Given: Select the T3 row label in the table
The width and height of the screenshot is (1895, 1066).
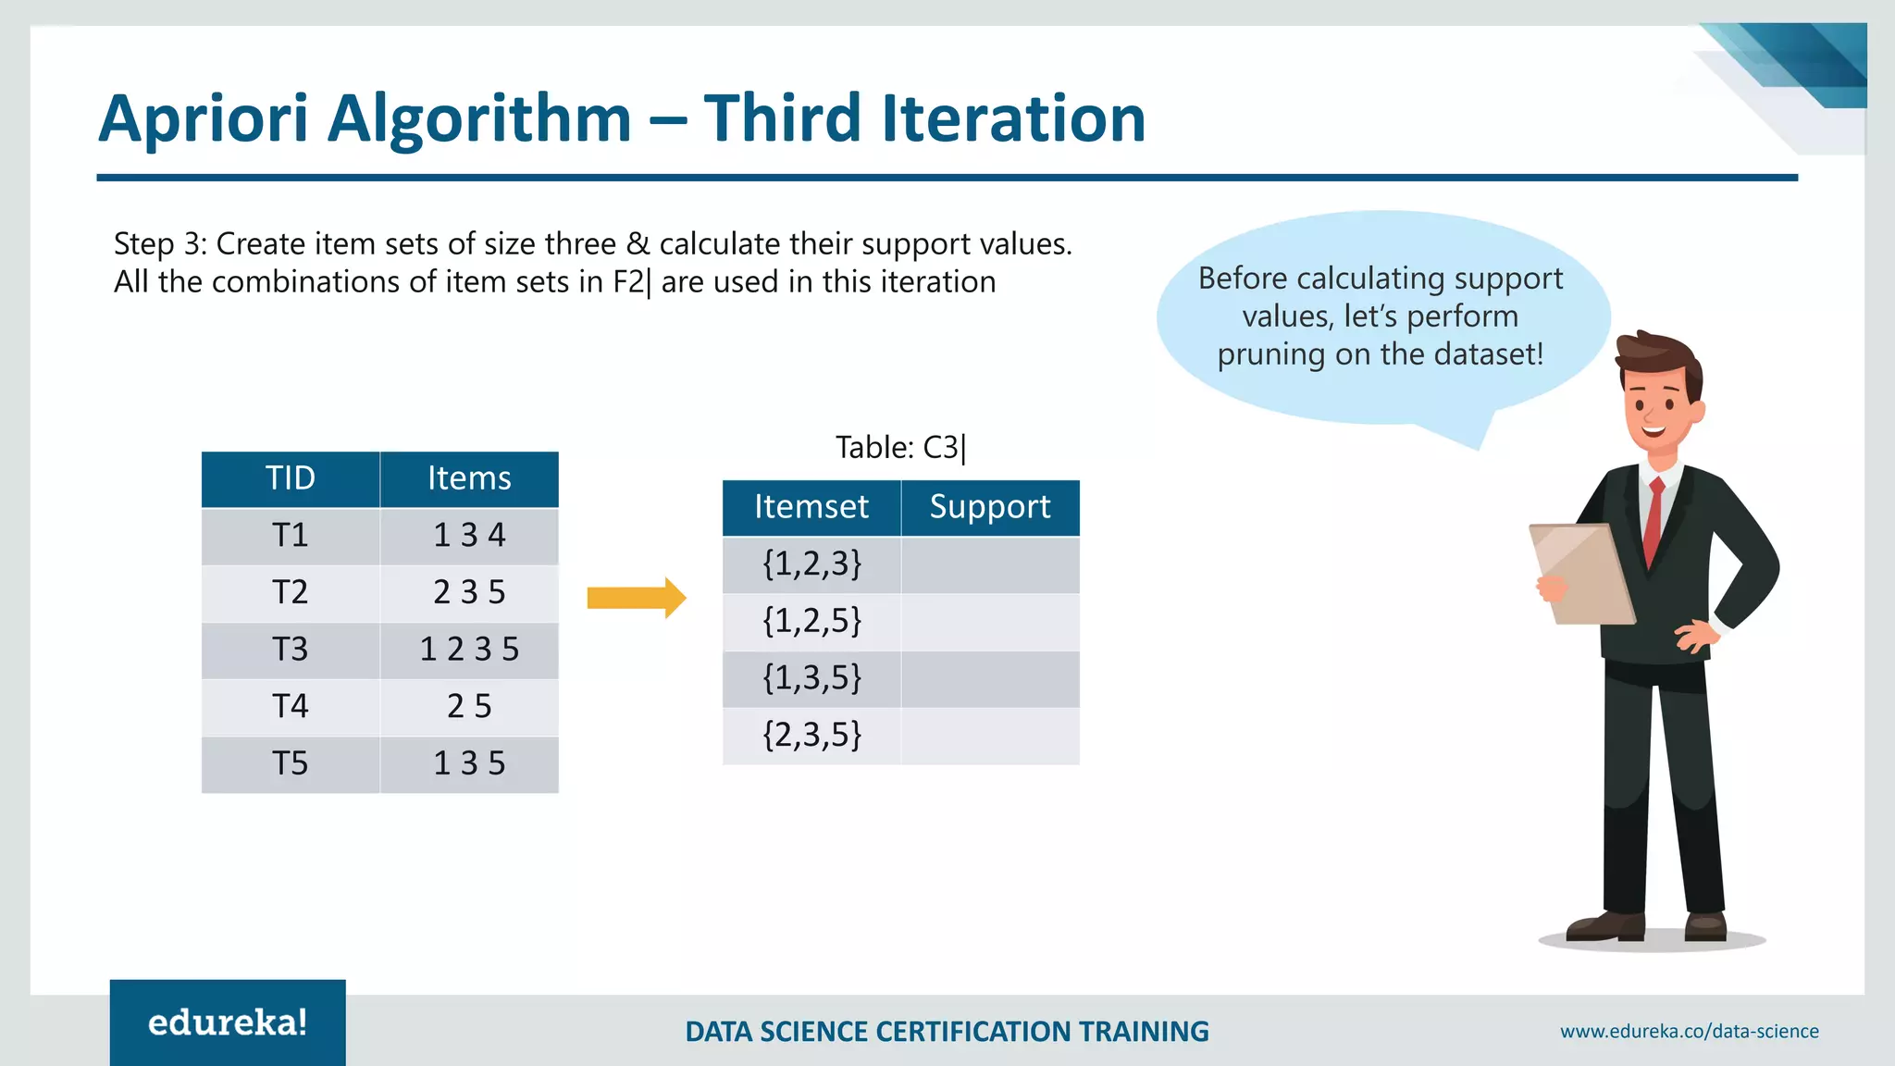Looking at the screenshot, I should click(290, 650).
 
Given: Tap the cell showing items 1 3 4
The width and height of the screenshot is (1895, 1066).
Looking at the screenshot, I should click(469, 536).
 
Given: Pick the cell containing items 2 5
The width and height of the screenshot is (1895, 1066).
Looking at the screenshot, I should click(469, 707).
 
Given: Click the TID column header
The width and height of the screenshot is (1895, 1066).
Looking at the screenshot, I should click(290, 478).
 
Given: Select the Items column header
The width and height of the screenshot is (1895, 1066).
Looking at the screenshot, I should click(469, 478).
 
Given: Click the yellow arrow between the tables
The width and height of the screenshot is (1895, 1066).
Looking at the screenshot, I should click(637, 598).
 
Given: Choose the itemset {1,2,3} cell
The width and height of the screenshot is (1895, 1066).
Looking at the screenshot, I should click(811, 564).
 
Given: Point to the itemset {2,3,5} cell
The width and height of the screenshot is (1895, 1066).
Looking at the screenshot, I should click(811, 736).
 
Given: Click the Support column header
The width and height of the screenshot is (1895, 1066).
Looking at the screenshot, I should click(990, 507).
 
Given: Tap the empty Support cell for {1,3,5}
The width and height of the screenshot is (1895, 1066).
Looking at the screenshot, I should click(990, 679).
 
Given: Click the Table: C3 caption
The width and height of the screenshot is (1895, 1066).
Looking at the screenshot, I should click(900, 448).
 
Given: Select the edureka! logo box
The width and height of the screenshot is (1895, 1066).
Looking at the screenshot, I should click(228, 1022).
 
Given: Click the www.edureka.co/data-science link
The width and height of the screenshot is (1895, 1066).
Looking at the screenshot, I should click(1689, 1031).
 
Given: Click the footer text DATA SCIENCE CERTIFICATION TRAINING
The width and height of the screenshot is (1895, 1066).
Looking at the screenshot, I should click(947, 1031).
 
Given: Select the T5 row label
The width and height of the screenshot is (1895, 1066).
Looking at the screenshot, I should click(290, 764).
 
